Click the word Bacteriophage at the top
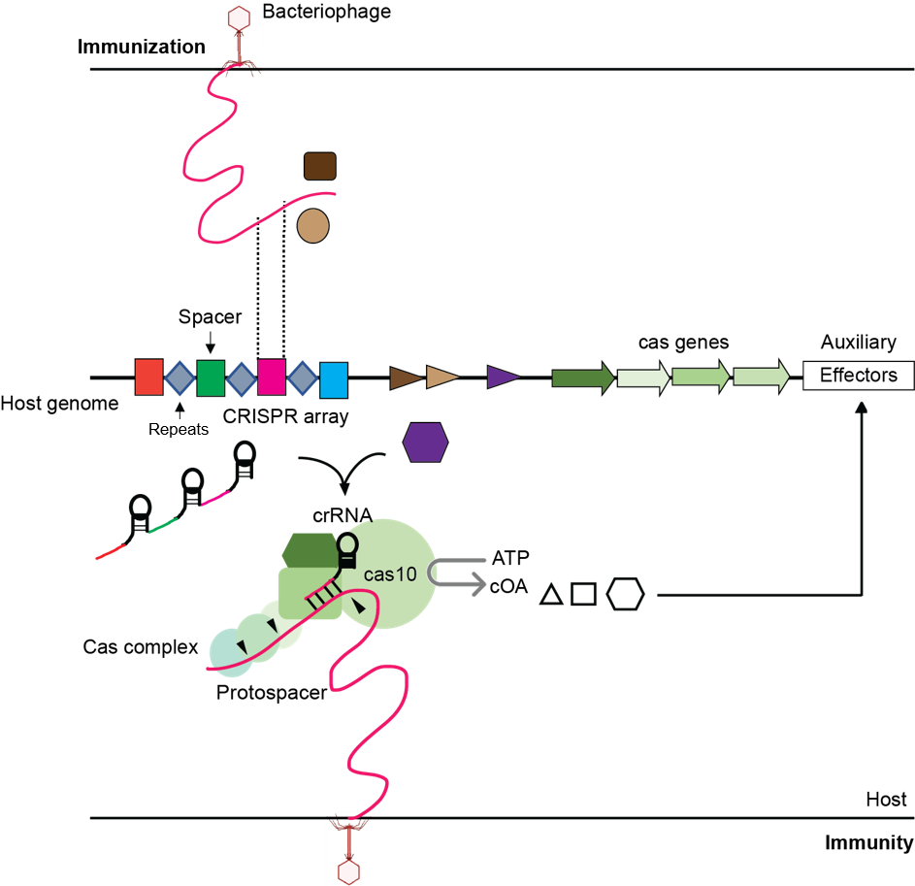[326, 12]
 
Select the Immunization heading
[142, 47]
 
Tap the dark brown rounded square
[320, 166]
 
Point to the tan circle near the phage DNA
[312, 226]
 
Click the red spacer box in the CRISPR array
[148, 377]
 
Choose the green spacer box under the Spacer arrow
[211, 378]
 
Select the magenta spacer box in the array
[272, 377]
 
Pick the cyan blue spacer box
[334, 380]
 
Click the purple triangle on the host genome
[503, 377]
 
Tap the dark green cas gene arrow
[583, 377]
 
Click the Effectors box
[859, 375]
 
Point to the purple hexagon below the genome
[425, 443]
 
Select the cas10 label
[390, 574]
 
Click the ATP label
[510, 558]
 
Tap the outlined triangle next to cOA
[551, 595]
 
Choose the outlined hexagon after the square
[626, 594]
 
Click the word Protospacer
[272, 692]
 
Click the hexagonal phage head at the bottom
[349, 872]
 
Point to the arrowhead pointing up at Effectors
[862, 408]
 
